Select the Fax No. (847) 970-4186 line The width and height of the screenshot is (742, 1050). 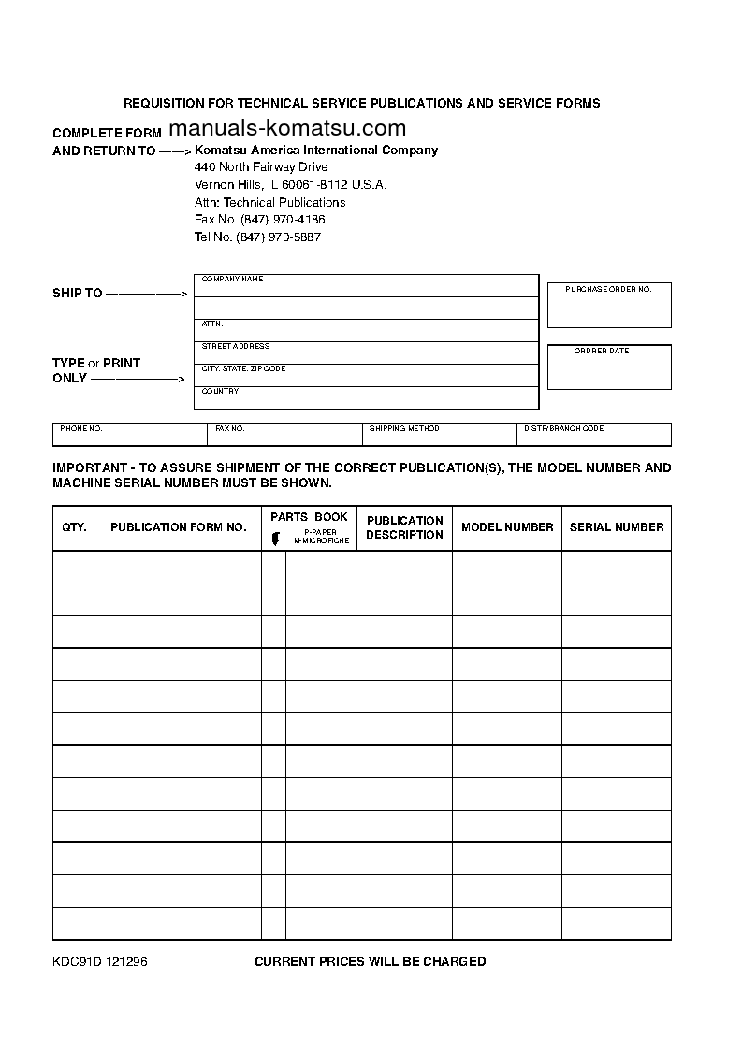pos(259,220)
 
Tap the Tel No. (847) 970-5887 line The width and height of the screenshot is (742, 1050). pos(257,237)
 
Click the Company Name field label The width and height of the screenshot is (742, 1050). pos(233,280)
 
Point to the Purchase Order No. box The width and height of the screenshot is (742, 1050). pos(609,306)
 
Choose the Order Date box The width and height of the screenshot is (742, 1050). pos(609,367)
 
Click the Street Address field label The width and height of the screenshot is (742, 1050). pos(236,347)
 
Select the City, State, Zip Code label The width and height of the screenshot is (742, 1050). pos(244,369)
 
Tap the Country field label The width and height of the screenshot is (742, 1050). pos(221,392)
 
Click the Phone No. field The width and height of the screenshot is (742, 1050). pos(130,435)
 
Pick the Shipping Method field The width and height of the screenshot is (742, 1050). pos(439,435)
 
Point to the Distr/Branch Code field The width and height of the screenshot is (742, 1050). pos(594,435)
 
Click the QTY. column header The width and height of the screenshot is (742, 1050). pos(74,527)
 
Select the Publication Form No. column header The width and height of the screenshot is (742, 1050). pos(178,527)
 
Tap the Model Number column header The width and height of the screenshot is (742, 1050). pos(507,527)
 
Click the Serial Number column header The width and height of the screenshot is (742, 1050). pos(617,527)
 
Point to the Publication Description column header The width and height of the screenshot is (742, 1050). pos(404,527)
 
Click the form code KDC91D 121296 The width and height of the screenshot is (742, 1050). pos(99,962)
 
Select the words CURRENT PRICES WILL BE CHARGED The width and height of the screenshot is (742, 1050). pos(371,962)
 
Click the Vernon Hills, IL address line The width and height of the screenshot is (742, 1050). pos(290,185)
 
